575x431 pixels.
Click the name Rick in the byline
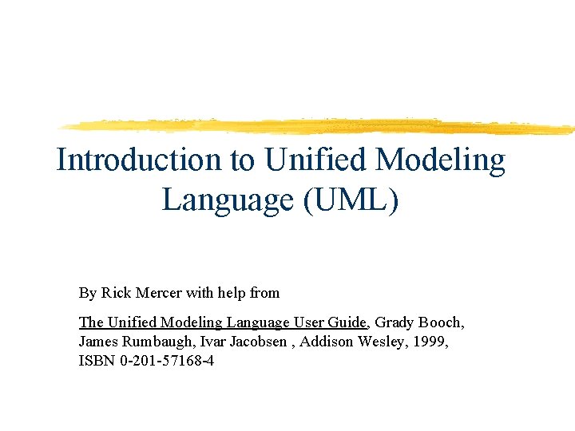click(x=115, y=293)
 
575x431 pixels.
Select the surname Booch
click(x=441, y=322)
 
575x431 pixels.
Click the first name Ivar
click(x=206, y=342)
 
